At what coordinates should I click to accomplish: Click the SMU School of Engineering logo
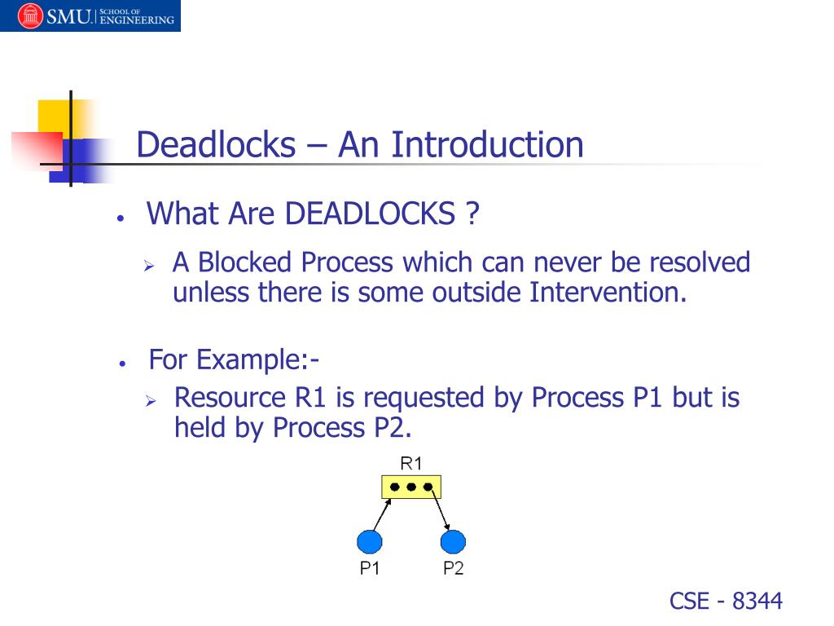tap(90, 15)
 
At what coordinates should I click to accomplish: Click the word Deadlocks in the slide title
tap(216, 145)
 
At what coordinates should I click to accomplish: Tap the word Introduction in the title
tap(487, 145)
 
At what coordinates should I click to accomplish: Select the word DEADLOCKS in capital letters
tap(370, 214)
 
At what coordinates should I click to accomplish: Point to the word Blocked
tap(245, 263)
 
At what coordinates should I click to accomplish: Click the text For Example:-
tap(234, 359)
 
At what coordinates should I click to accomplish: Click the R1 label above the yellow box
tap(411, 464)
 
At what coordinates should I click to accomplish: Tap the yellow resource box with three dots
tap(411, 487)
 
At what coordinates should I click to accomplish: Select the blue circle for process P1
tap(370, 541)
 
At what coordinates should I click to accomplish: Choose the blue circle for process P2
tap(453, 541)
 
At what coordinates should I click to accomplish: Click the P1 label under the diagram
tap(370, 569)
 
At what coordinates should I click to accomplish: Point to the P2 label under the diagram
tap(453, 569)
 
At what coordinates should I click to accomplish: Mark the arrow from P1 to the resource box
tap(381, 514)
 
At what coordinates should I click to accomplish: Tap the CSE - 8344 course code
tap(726, 602)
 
